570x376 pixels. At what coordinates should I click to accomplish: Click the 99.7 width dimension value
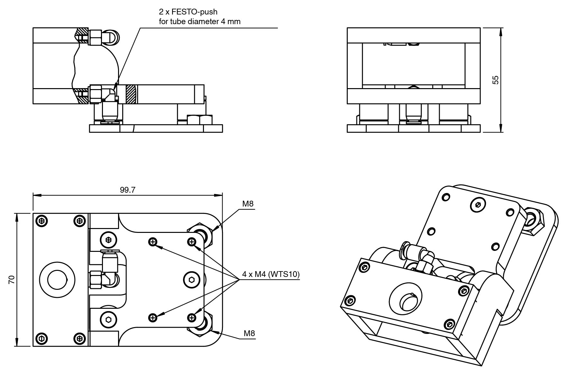point(128,190)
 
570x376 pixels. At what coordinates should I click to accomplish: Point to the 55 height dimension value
point(496,80)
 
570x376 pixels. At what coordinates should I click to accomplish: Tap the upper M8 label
point(248,204)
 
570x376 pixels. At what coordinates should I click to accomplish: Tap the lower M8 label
point(249,333)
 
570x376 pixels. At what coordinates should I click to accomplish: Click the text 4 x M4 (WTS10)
point(271,274)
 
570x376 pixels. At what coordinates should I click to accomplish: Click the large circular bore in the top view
point(57,280)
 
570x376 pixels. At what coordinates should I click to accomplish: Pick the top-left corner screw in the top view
point(42,221)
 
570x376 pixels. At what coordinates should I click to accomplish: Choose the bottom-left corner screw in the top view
point(42,338)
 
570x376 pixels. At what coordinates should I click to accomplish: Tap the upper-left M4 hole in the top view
point(153,242)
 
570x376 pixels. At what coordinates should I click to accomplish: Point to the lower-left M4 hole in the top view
point(153,318)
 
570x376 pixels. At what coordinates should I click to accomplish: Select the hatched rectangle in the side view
point(131,94)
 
